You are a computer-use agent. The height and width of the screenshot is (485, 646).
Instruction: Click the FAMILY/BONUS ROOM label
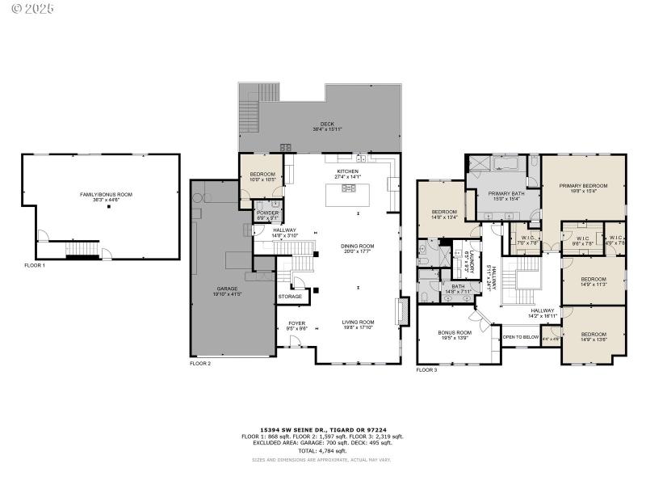click(x=106, y=195)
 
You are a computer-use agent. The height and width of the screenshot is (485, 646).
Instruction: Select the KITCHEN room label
click(x=347, y=171)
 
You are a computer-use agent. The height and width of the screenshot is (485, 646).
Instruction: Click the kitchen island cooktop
click(x=349, y=188)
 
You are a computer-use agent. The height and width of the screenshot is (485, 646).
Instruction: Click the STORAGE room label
click(x=290, y=297)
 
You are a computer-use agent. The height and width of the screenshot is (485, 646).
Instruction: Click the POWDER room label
click(x=267, y=213)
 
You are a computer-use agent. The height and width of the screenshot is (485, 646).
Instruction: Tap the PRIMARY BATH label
click(x=506, y=194)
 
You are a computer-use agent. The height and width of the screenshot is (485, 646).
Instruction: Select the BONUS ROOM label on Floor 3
click(x=455, y=332)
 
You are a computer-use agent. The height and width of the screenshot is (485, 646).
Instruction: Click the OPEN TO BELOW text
click(x=520, y=337)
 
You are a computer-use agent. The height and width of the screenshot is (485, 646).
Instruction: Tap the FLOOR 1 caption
click(x=35, y=265)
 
